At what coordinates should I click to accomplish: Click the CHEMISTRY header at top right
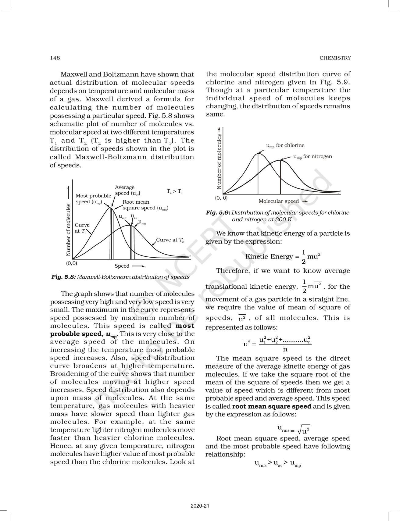point(335,58)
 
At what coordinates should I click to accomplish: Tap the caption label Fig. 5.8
point(63,277)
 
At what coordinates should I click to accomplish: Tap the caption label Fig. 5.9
point(218,213)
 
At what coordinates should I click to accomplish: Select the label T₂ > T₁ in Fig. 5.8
point(174,191)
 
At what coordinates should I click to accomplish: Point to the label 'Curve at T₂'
point(170,240)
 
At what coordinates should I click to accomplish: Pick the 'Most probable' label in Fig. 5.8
point(93,196)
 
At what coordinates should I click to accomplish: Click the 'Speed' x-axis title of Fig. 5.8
point(122,266)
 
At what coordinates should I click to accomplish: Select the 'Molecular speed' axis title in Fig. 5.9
point(279,201)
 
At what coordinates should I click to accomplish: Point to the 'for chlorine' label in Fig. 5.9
point(290,145)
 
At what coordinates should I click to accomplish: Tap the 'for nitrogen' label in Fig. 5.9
point(317,157)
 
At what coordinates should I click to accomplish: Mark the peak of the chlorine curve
point(258,153)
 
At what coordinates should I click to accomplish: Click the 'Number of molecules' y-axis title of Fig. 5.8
point(68,230)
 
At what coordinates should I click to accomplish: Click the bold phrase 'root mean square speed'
point(272,406)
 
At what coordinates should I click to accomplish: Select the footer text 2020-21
point(200,506)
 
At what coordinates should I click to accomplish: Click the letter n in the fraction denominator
point(285,349)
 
